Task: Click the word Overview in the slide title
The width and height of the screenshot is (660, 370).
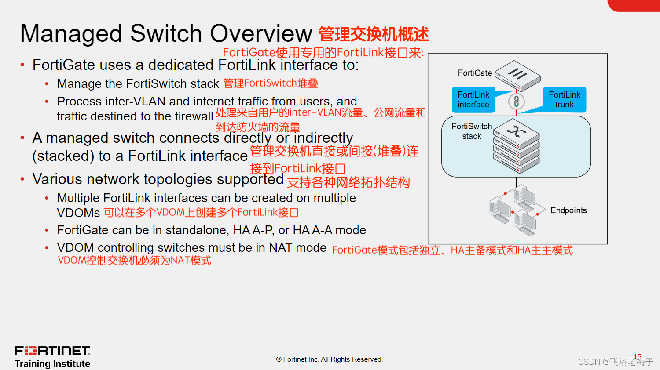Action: tap(261, 34)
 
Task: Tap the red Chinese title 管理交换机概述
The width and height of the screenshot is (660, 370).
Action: tap(374, 34)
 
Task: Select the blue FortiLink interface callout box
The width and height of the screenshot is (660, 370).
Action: tap(473, 100)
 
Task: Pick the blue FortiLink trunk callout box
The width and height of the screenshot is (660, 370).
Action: tap(565, 100)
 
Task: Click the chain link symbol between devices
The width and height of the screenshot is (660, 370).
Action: tap(516, 102)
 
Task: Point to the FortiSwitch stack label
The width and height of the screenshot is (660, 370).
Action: tap(472, 131)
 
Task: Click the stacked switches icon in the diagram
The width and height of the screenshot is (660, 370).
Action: tap(517, 146)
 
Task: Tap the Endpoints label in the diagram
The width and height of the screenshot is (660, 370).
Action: tap(568, 210)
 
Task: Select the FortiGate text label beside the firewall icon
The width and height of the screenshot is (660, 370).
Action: tap(475, 73)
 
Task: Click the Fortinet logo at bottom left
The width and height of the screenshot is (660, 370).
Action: tap(52, 351)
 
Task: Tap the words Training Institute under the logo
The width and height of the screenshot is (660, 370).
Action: tap(52, 364)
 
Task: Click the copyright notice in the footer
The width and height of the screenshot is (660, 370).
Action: tap(330, 359)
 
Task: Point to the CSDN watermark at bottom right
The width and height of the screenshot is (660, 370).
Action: tap(615, 362)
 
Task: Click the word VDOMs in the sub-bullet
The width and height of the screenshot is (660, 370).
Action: tap(78, 213)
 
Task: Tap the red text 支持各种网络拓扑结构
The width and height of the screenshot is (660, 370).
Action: tap(348, 182)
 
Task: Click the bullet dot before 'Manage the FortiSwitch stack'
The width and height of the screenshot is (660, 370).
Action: tap(47, 83)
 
